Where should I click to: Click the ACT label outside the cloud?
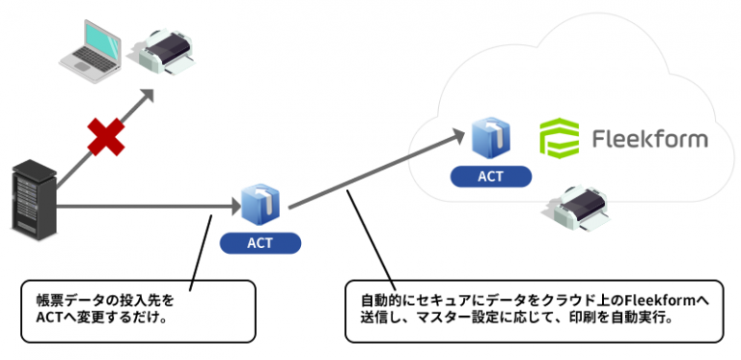pyautogui.click(x=260, y=242)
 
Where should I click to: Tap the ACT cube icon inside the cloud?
pyautogui.click(x=491, y=139)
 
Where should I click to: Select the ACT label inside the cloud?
pyautogui.click(x=490, y=177)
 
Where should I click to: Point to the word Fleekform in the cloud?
pyautogui.click(x=648, y=139)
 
